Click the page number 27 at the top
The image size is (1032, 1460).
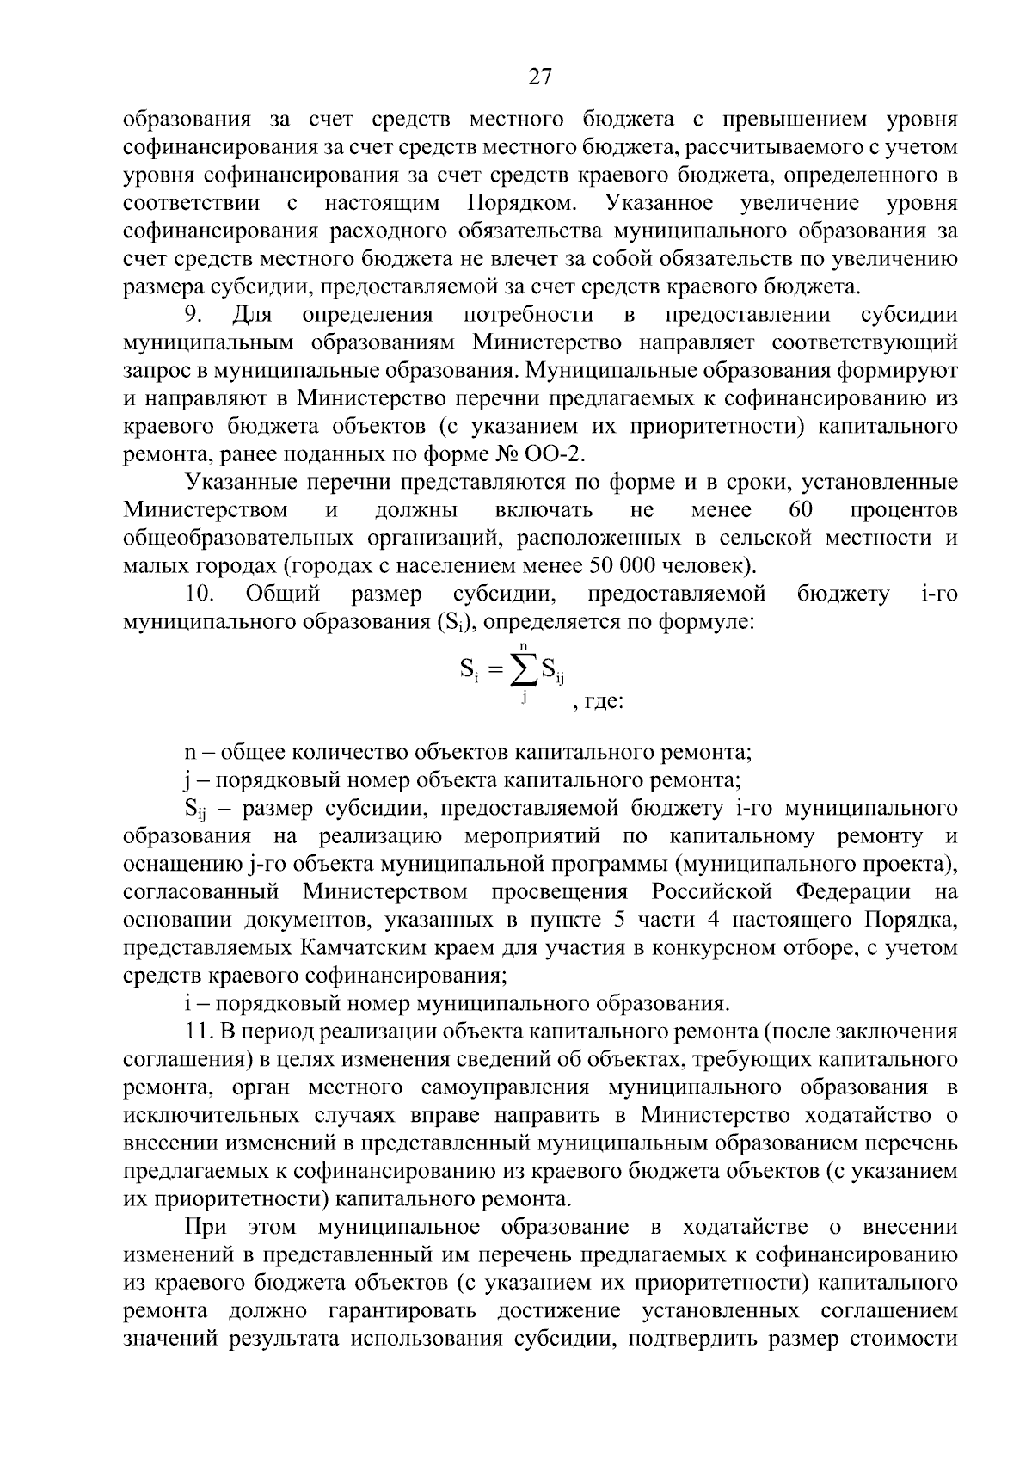[539, 77]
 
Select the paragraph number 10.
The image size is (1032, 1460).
[199, 594]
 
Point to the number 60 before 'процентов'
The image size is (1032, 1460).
[800, 510]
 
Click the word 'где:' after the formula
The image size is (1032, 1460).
[602, 702]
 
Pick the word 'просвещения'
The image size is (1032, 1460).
[559, 890]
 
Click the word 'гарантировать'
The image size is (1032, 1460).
[388, 1310]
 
